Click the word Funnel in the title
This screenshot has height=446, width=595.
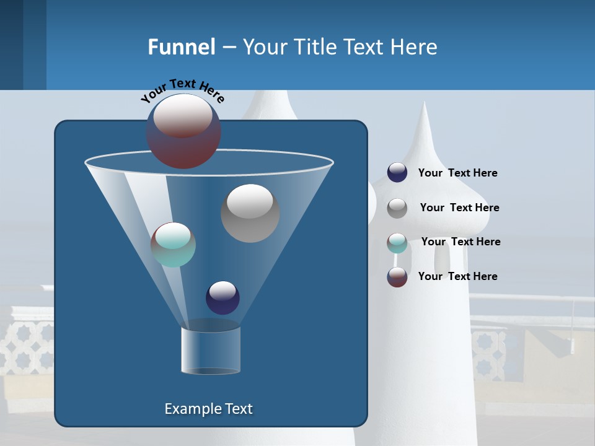tap(182, 47)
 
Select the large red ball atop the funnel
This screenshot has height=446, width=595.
tap(183, 131)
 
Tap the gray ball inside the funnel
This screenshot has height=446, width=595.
tap(250, 213)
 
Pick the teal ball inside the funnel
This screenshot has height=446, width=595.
tap(173, 245)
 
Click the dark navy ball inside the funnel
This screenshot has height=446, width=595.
tap(223, 297)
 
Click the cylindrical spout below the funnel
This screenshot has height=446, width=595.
tap(211, 351)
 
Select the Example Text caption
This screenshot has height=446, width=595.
tap(208, 409)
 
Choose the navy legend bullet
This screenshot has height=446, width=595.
tap(397, 173)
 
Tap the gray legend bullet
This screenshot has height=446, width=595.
tap(397, 208)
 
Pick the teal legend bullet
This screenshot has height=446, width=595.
tap(397, 242)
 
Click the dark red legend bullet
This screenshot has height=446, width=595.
tap(397, 277)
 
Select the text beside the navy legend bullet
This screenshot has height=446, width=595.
tap(457, 173)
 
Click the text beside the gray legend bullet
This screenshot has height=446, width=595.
tap(459, 208)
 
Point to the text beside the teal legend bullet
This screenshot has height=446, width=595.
tap(461, 242)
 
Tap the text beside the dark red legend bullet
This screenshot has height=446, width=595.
tap(457, 276)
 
